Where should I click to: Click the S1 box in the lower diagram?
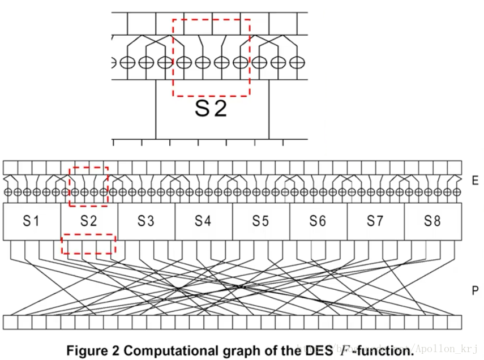[32, 221]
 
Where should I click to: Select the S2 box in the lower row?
[89, 221]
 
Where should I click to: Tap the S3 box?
[147, 221]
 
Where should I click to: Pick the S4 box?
[204, 221]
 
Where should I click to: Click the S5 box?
[261, 221]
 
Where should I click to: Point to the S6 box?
[318, 221]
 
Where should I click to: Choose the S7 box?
[375, 221]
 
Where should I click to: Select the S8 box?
[432, 221]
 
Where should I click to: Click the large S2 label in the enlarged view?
[211, 108]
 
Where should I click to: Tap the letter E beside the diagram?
[474, 181]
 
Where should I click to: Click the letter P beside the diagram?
[474, 290]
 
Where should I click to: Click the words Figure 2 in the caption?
[92, 350]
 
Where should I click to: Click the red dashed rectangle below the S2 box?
[88, 244]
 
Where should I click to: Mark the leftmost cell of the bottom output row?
[10, 322]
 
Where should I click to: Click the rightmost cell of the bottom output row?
[455, 322]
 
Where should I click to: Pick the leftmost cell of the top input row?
[10, 168]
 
